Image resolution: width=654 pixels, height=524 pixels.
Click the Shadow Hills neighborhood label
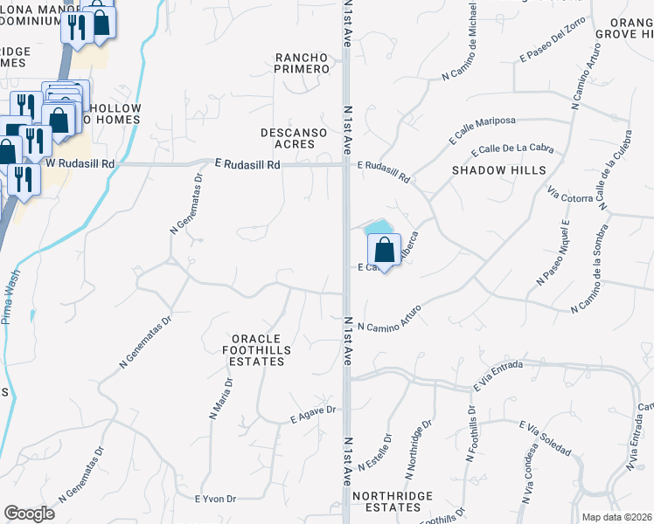(x=499, y=170)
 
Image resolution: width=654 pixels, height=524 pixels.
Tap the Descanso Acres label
(x=294, y=138)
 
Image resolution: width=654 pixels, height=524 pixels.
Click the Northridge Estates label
(x=393, y=501)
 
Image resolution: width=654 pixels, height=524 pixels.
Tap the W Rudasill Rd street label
(x=80, y=163)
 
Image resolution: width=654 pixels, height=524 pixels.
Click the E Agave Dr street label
(x=313, y=415)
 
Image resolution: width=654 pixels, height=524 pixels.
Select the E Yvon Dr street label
(x=215, y=499)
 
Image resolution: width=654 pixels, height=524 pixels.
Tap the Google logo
(x=29, y=514)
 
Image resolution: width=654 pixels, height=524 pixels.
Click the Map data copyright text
(x=617, y=517)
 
